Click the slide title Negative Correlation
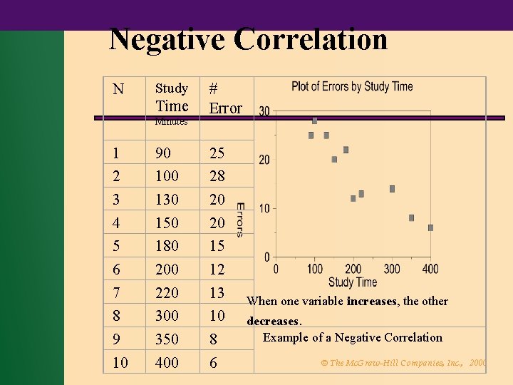248,39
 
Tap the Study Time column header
172,98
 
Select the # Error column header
224,98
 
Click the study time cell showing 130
167,199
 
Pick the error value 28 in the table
217,175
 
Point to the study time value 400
167,362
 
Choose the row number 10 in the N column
120,362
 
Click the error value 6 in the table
212,362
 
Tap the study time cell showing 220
167,292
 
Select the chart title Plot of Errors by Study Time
352,86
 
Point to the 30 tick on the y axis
264,111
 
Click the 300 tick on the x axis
392,269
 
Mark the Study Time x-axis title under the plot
353,282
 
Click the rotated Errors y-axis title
240,219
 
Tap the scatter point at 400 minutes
430,228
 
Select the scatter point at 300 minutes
392,189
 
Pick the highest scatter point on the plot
314,120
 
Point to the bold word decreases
274,321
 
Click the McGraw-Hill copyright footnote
403,363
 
